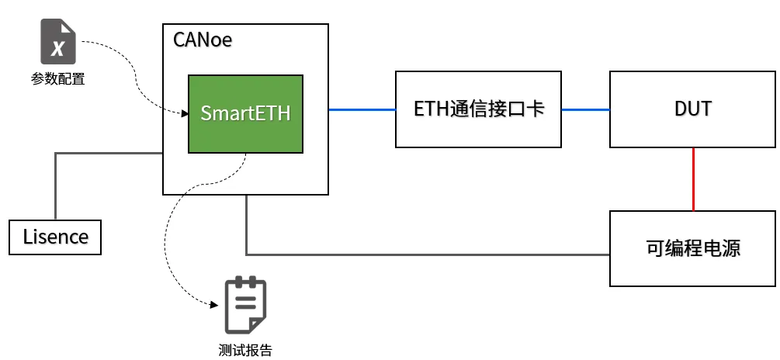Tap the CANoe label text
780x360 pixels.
pyautogui.click(x=203, y=40)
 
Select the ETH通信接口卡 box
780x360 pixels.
pyautogui.click(x=478, y=109)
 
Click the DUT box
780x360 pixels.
pyautogui.click(x=692, y=109)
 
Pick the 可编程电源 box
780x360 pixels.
pyautogui.click(x=692, y=248)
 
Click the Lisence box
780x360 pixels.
pyautogui.click(x=55, y=237)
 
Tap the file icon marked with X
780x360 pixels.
pyautogui.click(x=57, y=43)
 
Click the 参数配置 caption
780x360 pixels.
pyautogui.click(x=57, y=79)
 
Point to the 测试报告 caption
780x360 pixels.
pyautogui.click(x=245, y=350)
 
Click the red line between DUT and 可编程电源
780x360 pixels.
pyautogui.click(x=693, y=179)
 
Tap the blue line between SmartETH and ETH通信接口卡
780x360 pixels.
pyautogui.click(x=362, y=109)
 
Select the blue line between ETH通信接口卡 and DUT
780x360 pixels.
pyautogui.click(x=585, y=109)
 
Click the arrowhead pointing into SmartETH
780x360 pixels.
pyautogui.click(x=185, y=114)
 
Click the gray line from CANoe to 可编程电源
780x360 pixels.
pyautogui.click(x=427, y=254)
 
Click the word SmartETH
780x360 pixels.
pyautogui.click(x=245, y=113)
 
